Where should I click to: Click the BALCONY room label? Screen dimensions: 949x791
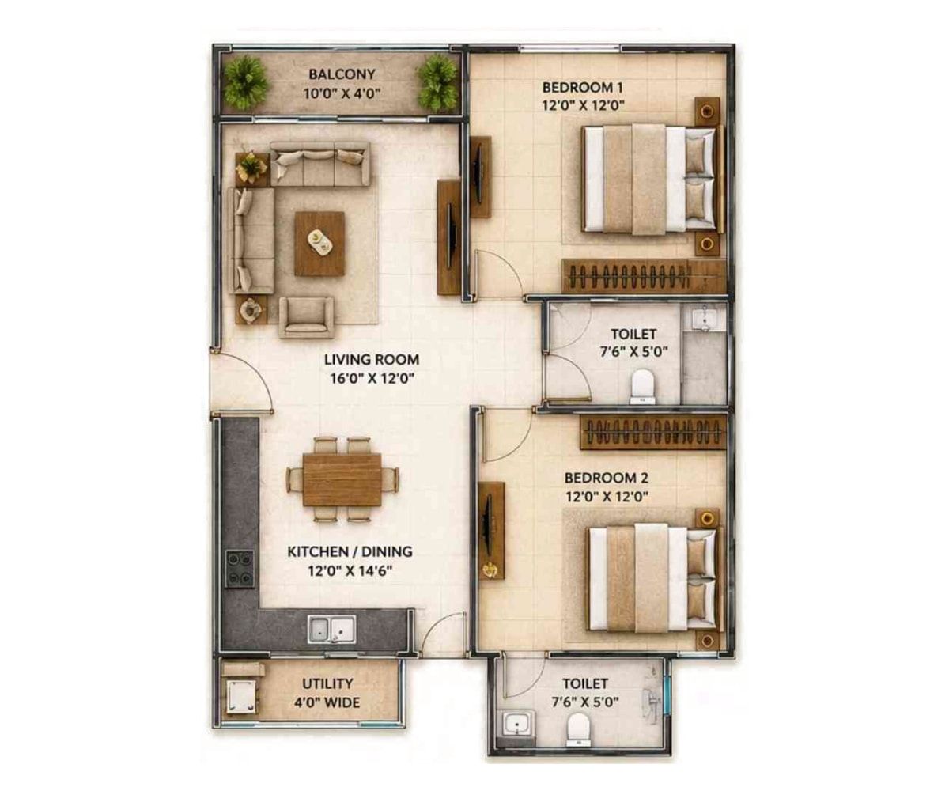coord(342,74)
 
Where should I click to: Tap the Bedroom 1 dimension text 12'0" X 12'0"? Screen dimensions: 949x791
coord(583,105)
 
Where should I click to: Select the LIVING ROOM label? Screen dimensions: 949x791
coord(372,360)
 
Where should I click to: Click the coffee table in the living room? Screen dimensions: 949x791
coord(319,244)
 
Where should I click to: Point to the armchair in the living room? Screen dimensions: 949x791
coord(306,317)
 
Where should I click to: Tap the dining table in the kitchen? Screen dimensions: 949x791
coord(342,479)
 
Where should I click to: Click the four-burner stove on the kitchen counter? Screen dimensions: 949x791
coord(240,570)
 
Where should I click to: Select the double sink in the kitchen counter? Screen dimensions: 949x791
coord(331,629)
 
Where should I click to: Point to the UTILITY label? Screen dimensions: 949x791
coord(327,683)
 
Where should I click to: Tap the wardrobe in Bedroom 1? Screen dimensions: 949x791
coord(643,276)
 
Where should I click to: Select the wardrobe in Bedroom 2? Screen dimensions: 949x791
coord(653,431)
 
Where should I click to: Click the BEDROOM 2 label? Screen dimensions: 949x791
coord(607,478)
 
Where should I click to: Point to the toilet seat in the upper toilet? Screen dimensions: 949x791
coord(643,387)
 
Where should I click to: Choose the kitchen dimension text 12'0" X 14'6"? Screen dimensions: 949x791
coord(350,570)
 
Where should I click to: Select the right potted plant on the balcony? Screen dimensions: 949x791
coord(437,83)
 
